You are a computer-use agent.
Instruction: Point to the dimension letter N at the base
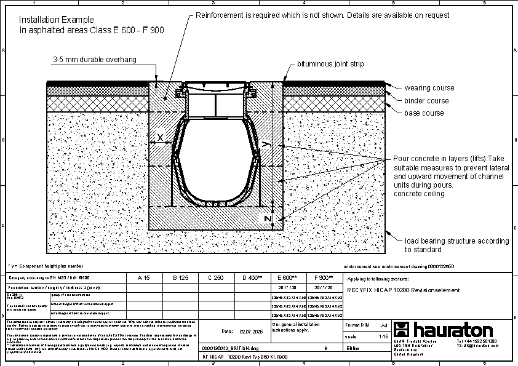(x=268, y=218)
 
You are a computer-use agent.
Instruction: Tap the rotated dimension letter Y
(x=265, y=145)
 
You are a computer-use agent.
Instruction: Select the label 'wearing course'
(x=429, y=88)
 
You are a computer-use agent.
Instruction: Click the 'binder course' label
(x=426, y=100)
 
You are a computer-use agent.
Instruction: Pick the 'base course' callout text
(x=424, y=113)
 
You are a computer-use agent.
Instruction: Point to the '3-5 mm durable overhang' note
(x=94, y=60)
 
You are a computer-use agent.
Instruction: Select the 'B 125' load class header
(x=179, y=277)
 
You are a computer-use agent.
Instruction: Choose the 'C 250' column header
(x=215, y=277)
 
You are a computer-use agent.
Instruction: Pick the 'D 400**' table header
(x=252, y=277)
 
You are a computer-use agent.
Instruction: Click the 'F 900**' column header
(x=324, y=277)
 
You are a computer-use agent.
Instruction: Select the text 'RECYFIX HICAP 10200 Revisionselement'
(x=404, y=290)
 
